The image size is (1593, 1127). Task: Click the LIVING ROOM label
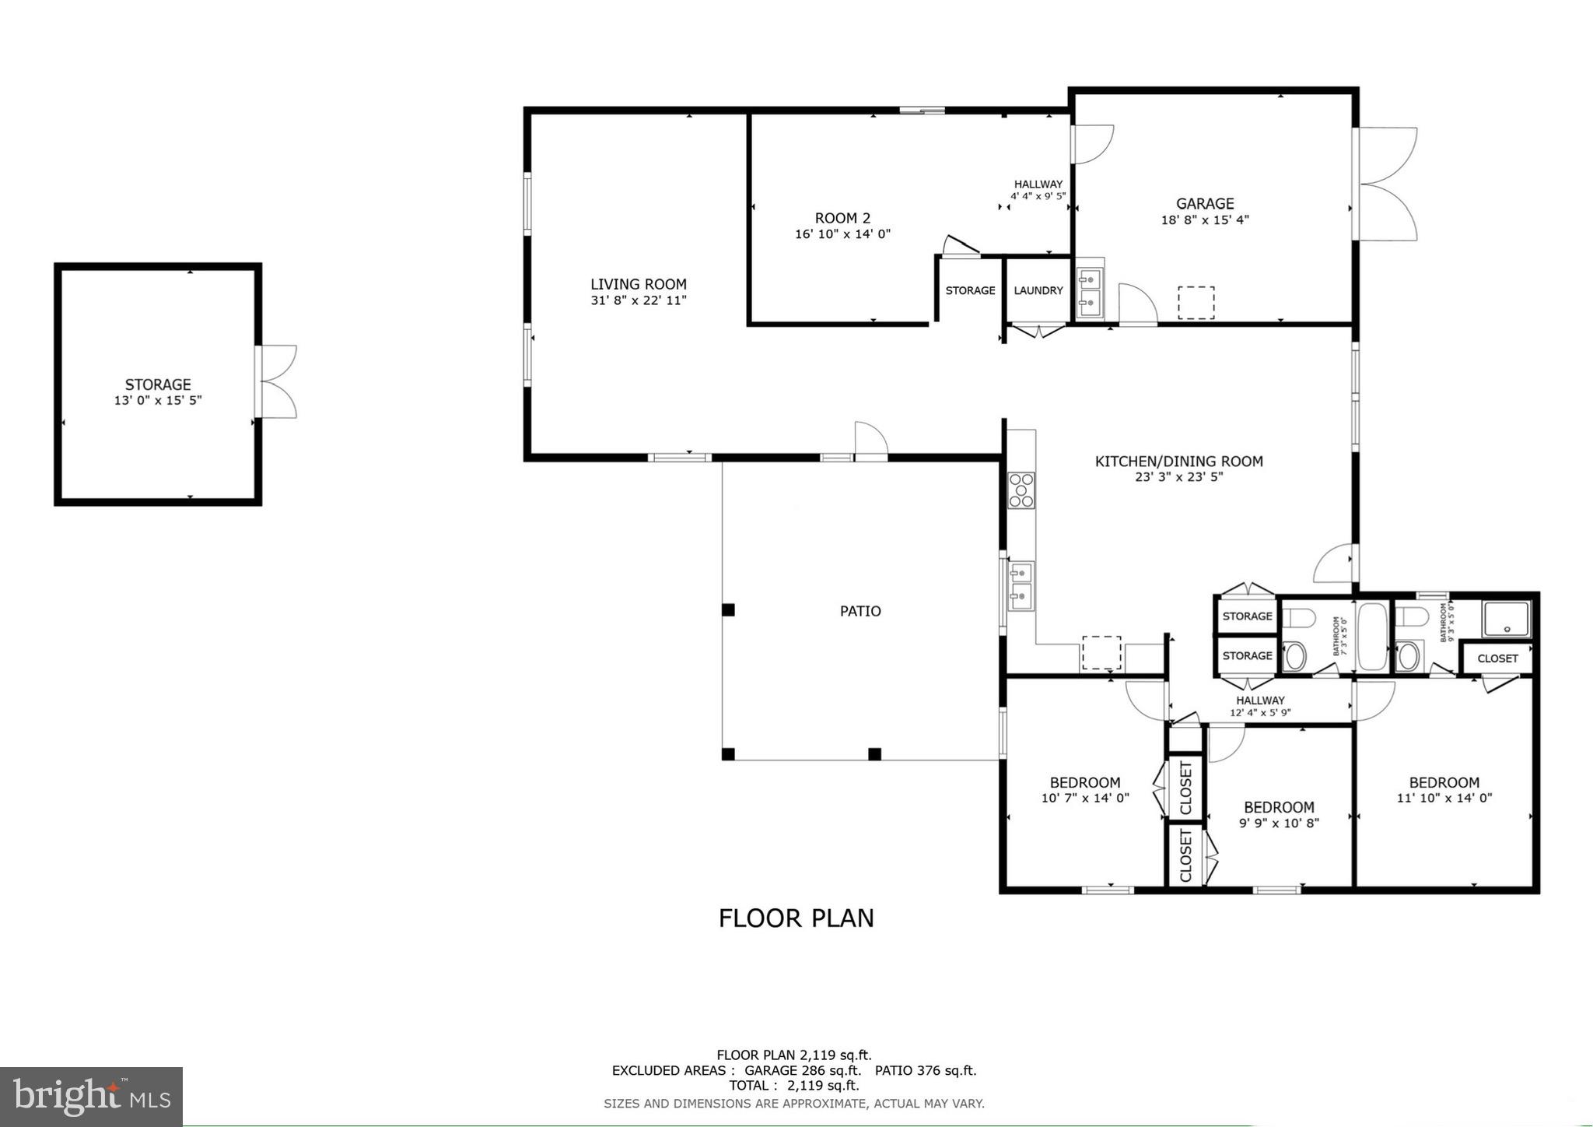(x=638, y=284)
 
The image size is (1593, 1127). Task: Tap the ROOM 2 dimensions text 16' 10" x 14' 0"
(x=842, y=233)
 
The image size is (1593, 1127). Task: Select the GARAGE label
(x=1204, y=204)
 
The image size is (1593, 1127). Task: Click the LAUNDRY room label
(x=1038, y=290)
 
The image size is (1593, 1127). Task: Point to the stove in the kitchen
(x=1021, y=490)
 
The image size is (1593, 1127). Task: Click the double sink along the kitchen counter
(x=1021, y=585)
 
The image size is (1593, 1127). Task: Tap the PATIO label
(x=860, y=611)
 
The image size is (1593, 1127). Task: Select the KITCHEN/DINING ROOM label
(x=1178, y=461)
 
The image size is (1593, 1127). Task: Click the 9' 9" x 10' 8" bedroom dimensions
(x=1278, y=823)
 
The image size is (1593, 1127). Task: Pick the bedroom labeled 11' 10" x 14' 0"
(x=1444, y=789)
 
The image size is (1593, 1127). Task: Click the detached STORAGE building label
(x=158, y=384)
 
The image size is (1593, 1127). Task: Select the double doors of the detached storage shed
(x=276, y=381)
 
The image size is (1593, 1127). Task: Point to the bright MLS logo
(x=92, y=1097)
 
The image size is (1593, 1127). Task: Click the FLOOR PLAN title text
(x=796, y=918)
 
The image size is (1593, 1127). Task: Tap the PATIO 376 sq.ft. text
(x=925, y=1070)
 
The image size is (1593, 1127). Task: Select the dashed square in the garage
(x=1196, y=303)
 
